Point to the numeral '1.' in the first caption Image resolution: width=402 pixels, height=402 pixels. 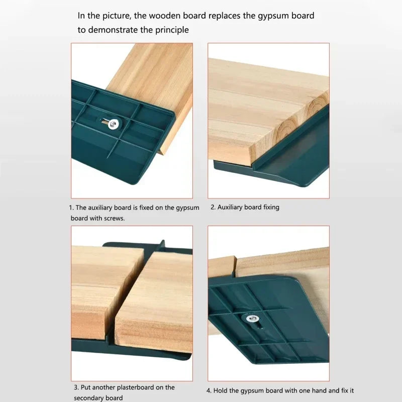click(71, 207)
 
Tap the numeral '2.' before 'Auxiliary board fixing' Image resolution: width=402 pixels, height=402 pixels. click(213, 207)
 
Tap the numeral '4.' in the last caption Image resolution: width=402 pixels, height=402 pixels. click(209, 390)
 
